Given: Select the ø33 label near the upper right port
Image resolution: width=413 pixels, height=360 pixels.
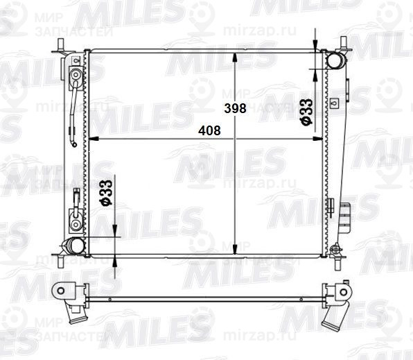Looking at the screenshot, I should [x=305, y=112].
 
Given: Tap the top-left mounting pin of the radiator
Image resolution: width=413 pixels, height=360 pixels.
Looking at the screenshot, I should [x=62, y=44].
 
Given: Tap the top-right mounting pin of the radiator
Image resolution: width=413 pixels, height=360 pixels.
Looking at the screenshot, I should [x=342, y=45].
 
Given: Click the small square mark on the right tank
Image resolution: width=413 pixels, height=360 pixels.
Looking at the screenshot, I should [x=335, y=102].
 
